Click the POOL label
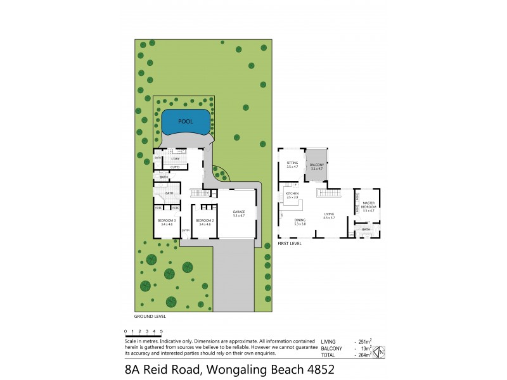click(185, 121)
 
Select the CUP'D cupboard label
click(174, 167)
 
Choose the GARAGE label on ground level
click(238, 212)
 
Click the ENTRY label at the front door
click(186, 230)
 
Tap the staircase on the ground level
click(200, 193)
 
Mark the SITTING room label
click(292, 163)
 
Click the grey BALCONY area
click(316, 165)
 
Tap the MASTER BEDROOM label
click(369, 206)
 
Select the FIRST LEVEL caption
click(289, 243)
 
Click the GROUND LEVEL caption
click(149, 315)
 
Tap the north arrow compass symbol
click(381, 352)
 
